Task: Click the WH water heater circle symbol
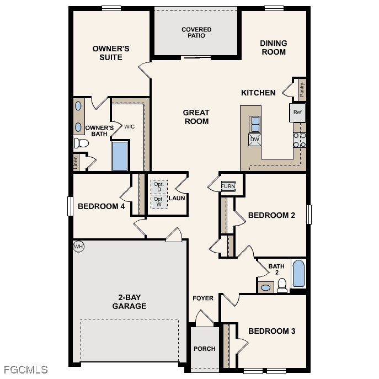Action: pos(78,247)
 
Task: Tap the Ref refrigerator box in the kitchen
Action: pos(297,113)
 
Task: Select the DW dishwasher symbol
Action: pos(255,139)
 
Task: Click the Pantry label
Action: pos(302,89)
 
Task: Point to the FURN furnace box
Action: pos(228,186)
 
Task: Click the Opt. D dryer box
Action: pos(159,186)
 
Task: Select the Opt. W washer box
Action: pos(159,201)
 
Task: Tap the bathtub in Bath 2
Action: pos(298,274)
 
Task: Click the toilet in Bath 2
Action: pos(282,285)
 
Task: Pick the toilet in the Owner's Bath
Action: pos(82,143)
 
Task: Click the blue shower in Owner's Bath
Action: pos(120,157)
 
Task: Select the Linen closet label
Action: pos(76,162)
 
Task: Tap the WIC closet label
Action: pos(129,126)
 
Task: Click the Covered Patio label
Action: pos(196,33)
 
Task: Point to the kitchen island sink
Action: pos(255,124)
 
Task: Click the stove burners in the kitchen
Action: pos(300,140)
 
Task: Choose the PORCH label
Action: pos(204,349)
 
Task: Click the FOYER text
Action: pos(202,298)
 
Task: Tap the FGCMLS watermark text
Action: pos(25,370)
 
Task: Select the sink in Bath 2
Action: pos(266,287)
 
